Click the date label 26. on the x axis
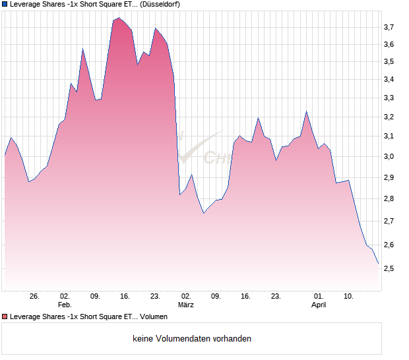click(x=34, y=296)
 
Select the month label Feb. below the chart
click(x=64, y=305)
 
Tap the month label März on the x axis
click(x=186, y=305)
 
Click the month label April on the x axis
click(x=319, y=305)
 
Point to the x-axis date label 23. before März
click(x=155, y=296)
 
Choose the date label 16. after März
click(x=245, y=296)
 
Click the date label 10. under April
click(x=349, y=296)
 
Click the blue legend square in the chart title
click(x=5, y=4)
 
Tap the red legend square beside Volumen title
click(x=5, y=316)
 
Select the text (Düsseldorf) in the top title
click(x=161, y=4)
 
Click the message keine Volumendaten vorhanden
click(x=192, y=338)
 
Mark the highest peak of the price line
click(x=119, y=18)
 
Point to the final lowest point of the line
click(x=378, y=263)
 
